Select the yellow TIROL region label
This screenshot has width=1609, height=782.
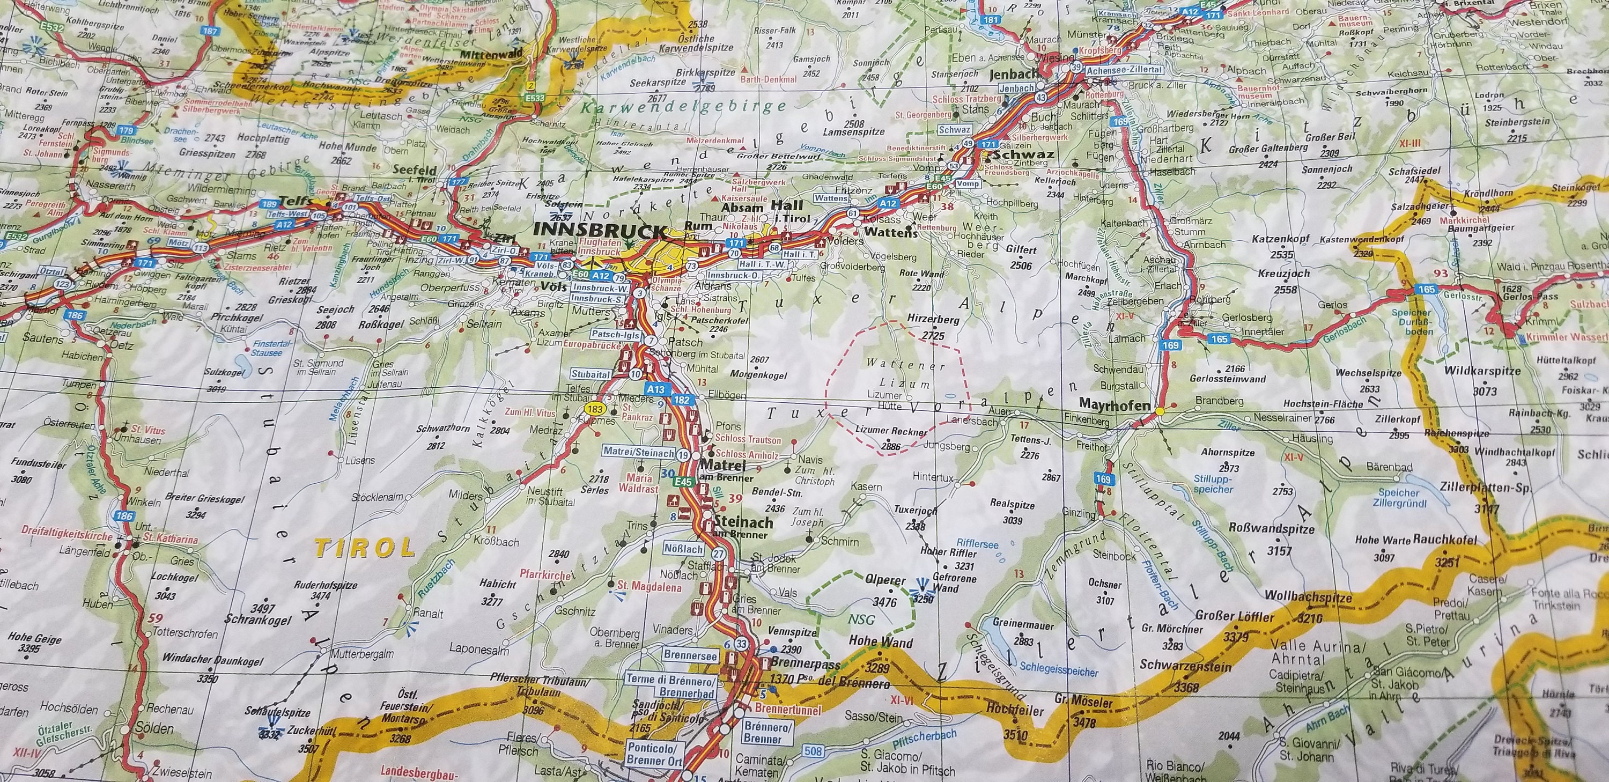(364, 548)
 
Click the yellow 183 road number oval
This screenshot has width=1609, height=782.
(595, 409)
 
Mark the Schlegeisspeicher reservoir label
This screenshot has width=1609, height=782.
(1058, 672)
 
